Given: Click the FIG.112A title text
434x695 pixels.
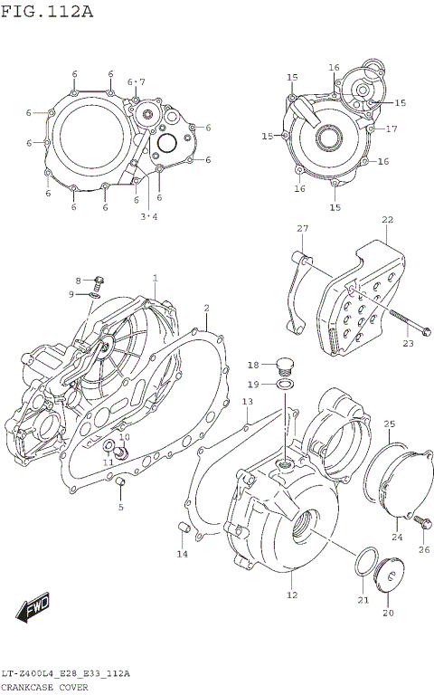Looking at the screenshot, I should (46, 11).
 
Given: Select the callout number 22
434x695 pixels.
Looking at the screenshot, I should (387, 220).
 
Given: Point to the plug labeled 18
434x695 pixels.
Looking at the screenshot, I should (284, 366).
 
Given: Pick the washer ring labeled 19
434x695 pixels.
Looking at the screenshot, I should (284, 385).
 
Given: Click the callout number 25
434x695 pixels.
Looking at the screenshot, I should (389, 424).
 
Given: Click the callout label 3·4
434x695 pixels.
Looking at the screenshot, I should (148, 216).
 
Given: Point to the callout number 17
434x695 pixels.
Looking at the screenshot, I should (392, 129).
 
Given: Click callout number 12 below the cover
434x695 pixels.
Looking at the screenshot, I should (292, 595).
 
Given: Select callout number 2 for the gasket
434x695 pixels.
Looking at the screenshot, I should (206, 309).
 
